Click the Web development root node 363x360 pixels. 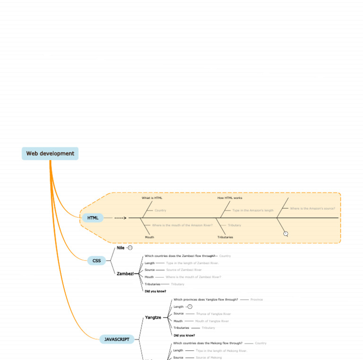click(50, 154)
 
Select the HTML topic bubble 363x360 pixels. click(93, 218)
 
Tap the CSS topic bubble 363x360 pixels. click(96, 260)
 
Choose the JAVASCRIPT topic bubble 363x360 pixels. click(117, 339)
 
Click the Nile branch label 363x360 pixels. click(121, 248)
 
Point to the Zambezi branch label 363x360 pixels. click(125, 274)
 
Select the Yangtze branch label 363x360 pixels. click(153, 317)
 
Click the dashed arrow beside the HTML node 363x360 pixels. click(121, 218)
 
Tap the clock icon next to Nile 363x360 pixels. click(130, 248)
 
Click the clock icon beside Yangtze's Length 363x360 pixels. click(190, 307)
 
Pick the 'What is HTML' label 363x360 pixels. click(152, 198)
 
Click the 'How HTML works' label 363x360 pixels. click(230, 198)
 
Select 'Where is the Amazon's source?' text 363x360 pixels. click(312, 208)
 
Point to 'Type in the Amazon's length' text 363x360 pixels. click(253, 210)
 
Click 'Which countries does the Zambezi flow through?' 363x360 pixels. click(180, 256)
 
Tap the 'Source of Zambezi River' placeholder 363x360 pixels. click(184, 270)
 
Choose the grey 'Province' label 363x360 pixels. click(257, 300)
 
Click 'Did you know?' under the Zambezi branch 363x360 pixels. click(155, 291)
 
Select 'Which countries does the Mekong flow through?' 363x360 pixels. click(207, 343)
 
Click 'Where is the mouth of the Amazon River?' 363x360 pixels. click(182, 225)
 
